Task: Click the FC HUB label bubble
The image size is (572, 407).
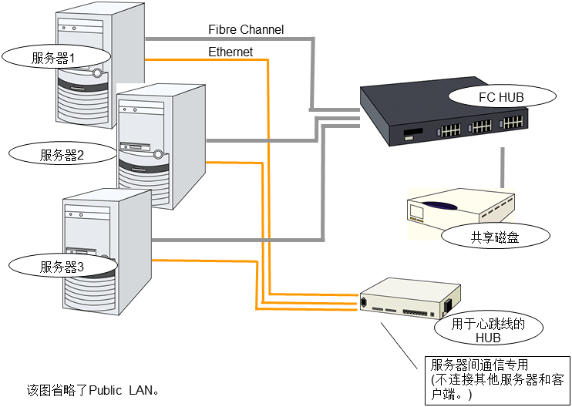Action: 500,97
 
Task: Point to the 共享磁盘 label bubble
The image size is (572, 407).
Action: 495,237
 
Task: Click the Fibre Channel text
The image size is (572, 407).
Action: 246,30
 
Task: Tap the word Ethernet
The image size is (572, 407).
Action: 230,52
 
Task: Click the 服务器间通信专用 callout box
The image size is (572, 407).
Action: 494,377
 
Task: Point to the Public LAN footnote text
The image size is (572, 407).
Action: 93,389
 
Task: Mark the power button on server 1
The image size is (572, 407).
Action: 97,74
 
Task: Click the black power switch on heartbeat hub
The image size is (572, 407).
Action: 447,306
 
